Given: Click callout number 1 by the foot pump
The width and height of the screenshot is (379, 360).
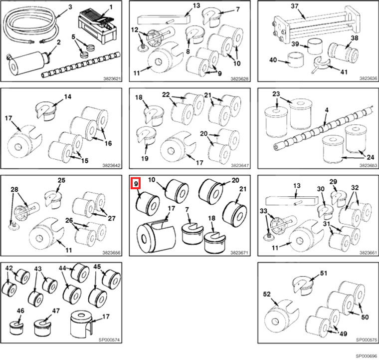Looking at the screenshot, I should tap(111, 6).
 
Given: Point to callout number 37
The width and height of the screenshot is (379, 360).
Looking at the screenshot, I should tap(294, 6).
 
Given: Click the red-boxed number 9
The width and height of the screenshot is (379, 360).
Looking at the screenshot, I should tap(136, 184).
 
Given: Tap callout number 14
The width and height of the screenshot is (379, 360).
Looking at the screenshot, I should tap(68, 96).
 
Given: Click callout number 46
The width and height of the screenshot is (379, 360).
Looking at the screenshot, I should tap(20, 311).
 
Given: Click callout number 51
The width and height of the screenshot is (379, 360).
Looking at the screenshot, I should tap(324, 273).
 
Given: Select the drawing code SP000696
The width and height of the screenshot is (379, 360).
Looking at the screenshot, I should tap(366, 356).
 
